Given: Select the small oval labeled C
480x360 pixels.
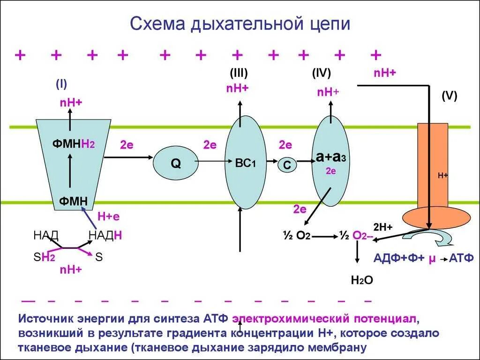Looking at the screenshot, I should click(x=287, y=165).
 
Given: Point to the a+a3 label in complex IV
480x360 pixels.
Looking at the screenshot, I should click(x=330, y=157).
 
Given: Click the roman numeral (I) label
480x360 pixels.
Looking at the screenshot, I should click(x=61, y=84).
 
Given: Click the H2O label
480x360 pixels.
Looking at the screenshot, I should click(x=362, y=280).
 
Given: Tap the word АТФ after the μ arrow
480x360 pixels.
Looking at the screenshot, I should click(x=462, y=257).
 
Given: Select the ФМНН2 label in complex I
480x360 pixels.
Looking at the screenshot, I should click(x=74, y=144).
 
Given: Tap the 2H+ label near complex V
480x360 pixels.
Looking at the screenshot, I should click(x=383, y=227).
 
